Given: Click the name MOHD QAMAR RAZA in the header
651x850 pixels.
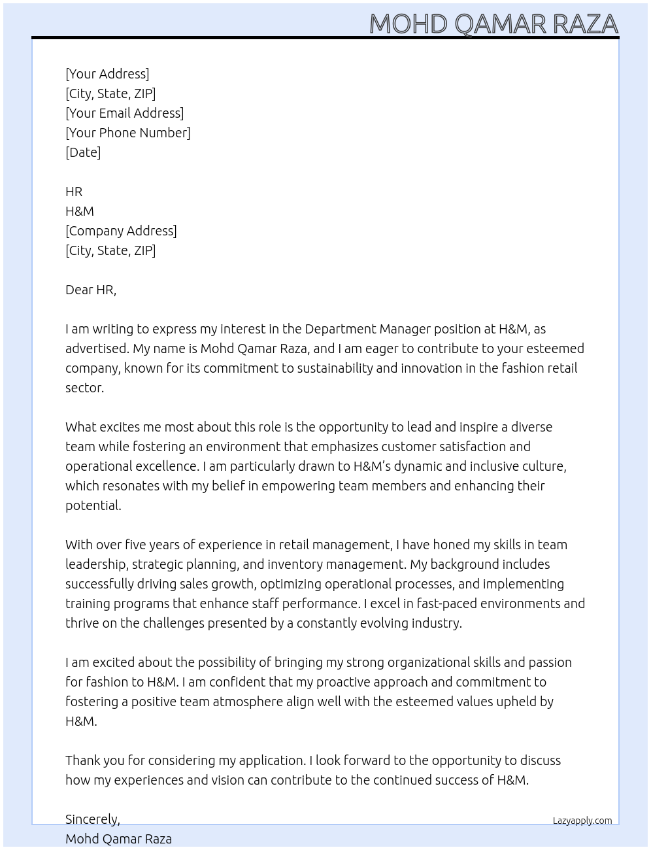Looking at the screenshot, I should point(493,24).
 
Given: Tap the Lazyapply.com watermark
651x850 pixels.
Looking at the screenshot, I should point(582,821).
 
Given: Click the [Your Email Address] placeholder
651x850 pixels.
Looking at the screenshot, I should point(124,113).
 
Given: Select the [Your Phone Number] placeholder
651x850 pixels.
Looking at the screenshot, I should point(127,133).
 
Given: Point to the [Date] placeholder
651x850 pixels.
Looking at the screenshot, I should point(83,152).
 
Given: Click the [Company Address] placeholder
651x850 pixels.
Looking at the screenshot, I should point(121,231).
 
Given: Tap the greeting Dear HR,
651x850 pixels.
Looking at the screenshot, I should point(91,290).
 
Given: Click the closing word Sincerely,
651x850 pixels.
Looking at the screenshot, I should point(92,819).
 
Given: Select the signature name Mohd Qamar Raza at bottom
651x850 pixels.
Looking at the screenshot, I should point(118,839).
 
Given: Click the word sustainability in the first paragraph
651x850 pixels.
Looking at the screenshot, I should point(335,368).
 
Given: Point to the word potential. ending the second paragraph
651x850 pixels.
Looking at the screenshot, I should point(93,505).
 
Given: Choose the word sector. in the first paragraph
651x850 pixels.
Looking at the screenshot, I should point(84,388).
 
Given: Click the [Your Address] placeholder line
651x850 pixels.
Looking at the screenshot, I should point(107,74).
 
